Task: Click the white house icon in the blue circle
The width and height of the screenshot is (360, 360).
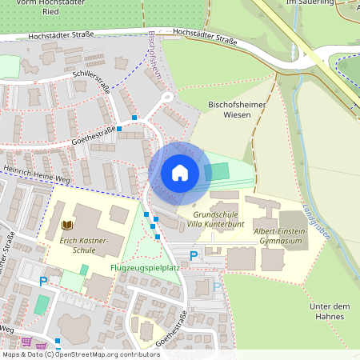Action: click(x=179, y=173)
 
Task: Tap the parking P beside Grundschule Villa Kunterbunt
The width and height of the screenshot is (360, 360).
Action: click(x=194, y=256)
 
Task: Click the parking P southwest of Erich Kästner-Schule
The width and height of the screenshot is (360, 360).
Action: click(x=43, y=281)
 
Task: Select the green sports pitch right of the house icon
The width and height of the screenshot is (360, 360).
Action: click(x=216, y=171)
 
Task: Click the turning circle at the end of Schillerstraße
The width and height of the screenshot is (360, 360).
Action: click(x=167, y=98)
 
